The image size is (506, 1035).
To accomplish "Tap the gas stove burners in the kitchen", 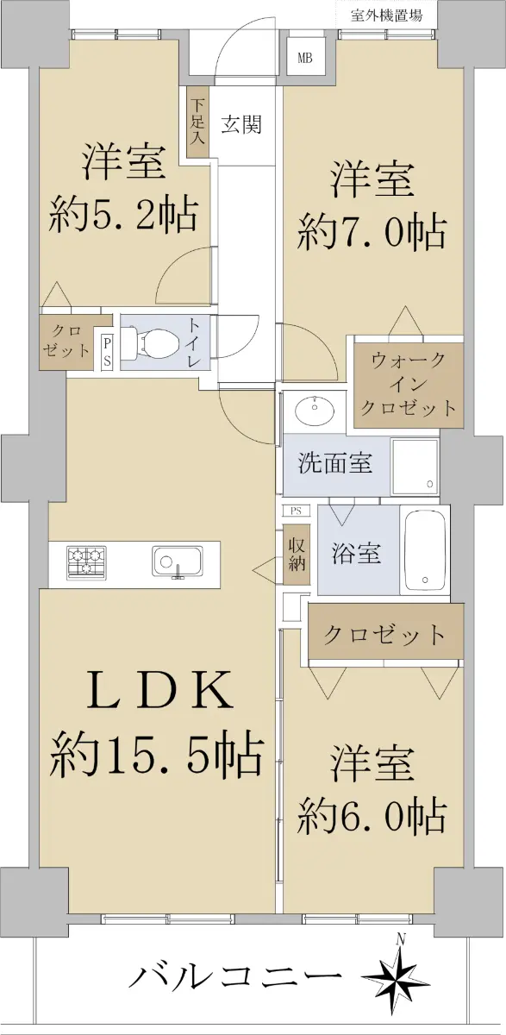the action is (x=87, y=562).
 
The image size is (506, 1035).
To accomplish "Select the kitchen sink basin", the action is (x=178, y=561).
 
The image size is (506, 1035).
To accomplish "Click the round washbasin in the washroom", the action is (x=315, y=410).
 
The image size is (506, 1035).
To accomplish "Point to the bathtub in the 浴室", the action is (x=425, y=550).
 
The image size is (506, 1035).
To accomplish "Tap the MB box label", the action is (x=304, y=59).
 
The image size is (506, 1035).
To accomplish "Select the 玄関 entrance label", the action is (x=241, y=124).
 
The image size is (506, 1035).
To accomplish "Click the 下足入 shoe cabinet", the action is (x=198, y=122).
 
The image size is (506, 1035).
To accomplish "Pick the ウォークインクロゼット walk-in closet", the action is (x=409, y=385).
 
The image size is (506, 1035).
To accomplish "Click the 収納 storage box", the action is (x=297, y=555).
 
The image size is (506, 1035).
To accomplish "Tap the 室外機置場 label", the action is (x=386, y=16).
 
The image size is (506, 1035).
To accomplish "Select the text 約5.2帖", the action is (x=124, y=216).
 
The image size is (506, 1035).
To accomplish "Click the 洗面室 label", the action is (x=335, y=462).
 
